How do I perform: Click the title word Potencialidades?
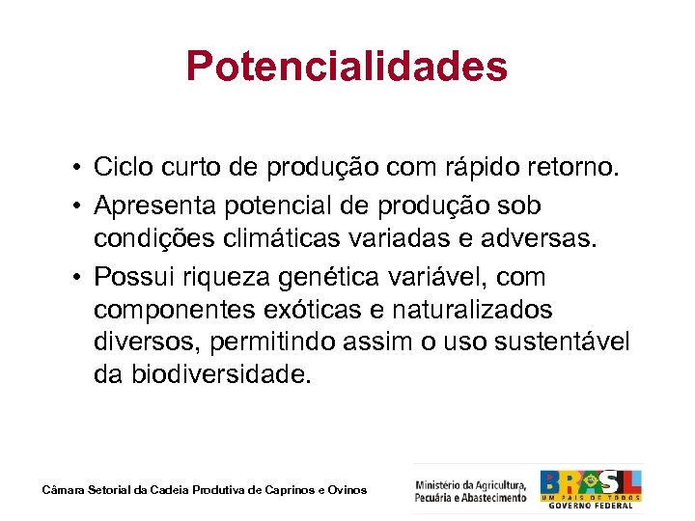(347, 67)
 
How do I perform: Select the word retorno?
(569, 169)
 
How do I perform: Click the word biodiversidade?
(229, 374)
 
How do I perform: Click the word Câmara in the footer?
(64, 490)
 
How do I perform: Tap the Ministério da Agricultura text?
(471, 490)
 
